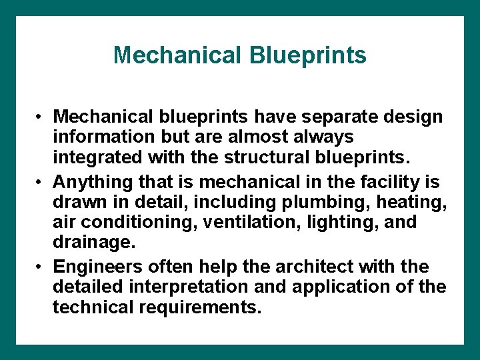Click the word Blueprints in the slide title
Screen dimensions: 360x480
[308, 55]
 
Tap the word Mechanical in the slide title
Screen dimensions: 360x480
[179, 55]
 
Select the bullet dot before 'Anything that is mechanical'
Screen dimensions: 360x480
[41, 181]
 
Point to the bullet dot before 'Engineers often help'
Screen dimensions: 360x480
[41, 267]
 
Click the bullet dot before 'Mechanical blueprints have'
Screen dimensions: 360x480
[41, 117]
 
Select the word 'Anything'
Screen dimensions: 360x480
[90, 181]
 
